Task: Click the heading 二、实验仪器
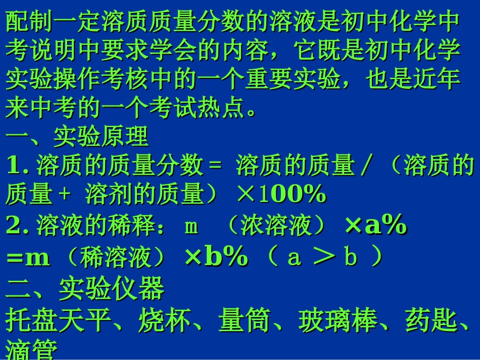pyautogui.click(x=85, y=289)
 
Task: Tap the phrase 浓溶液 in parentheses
pyautogui.click(x=275, y=227)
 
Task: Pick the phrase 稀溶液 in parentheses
pyautogui.click(x=116, y=258)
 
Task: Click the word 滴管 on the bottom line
pyautogui.click(x=30, y=351)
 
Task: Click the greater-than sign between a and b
pyautogui.click(x=323, y=258)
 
